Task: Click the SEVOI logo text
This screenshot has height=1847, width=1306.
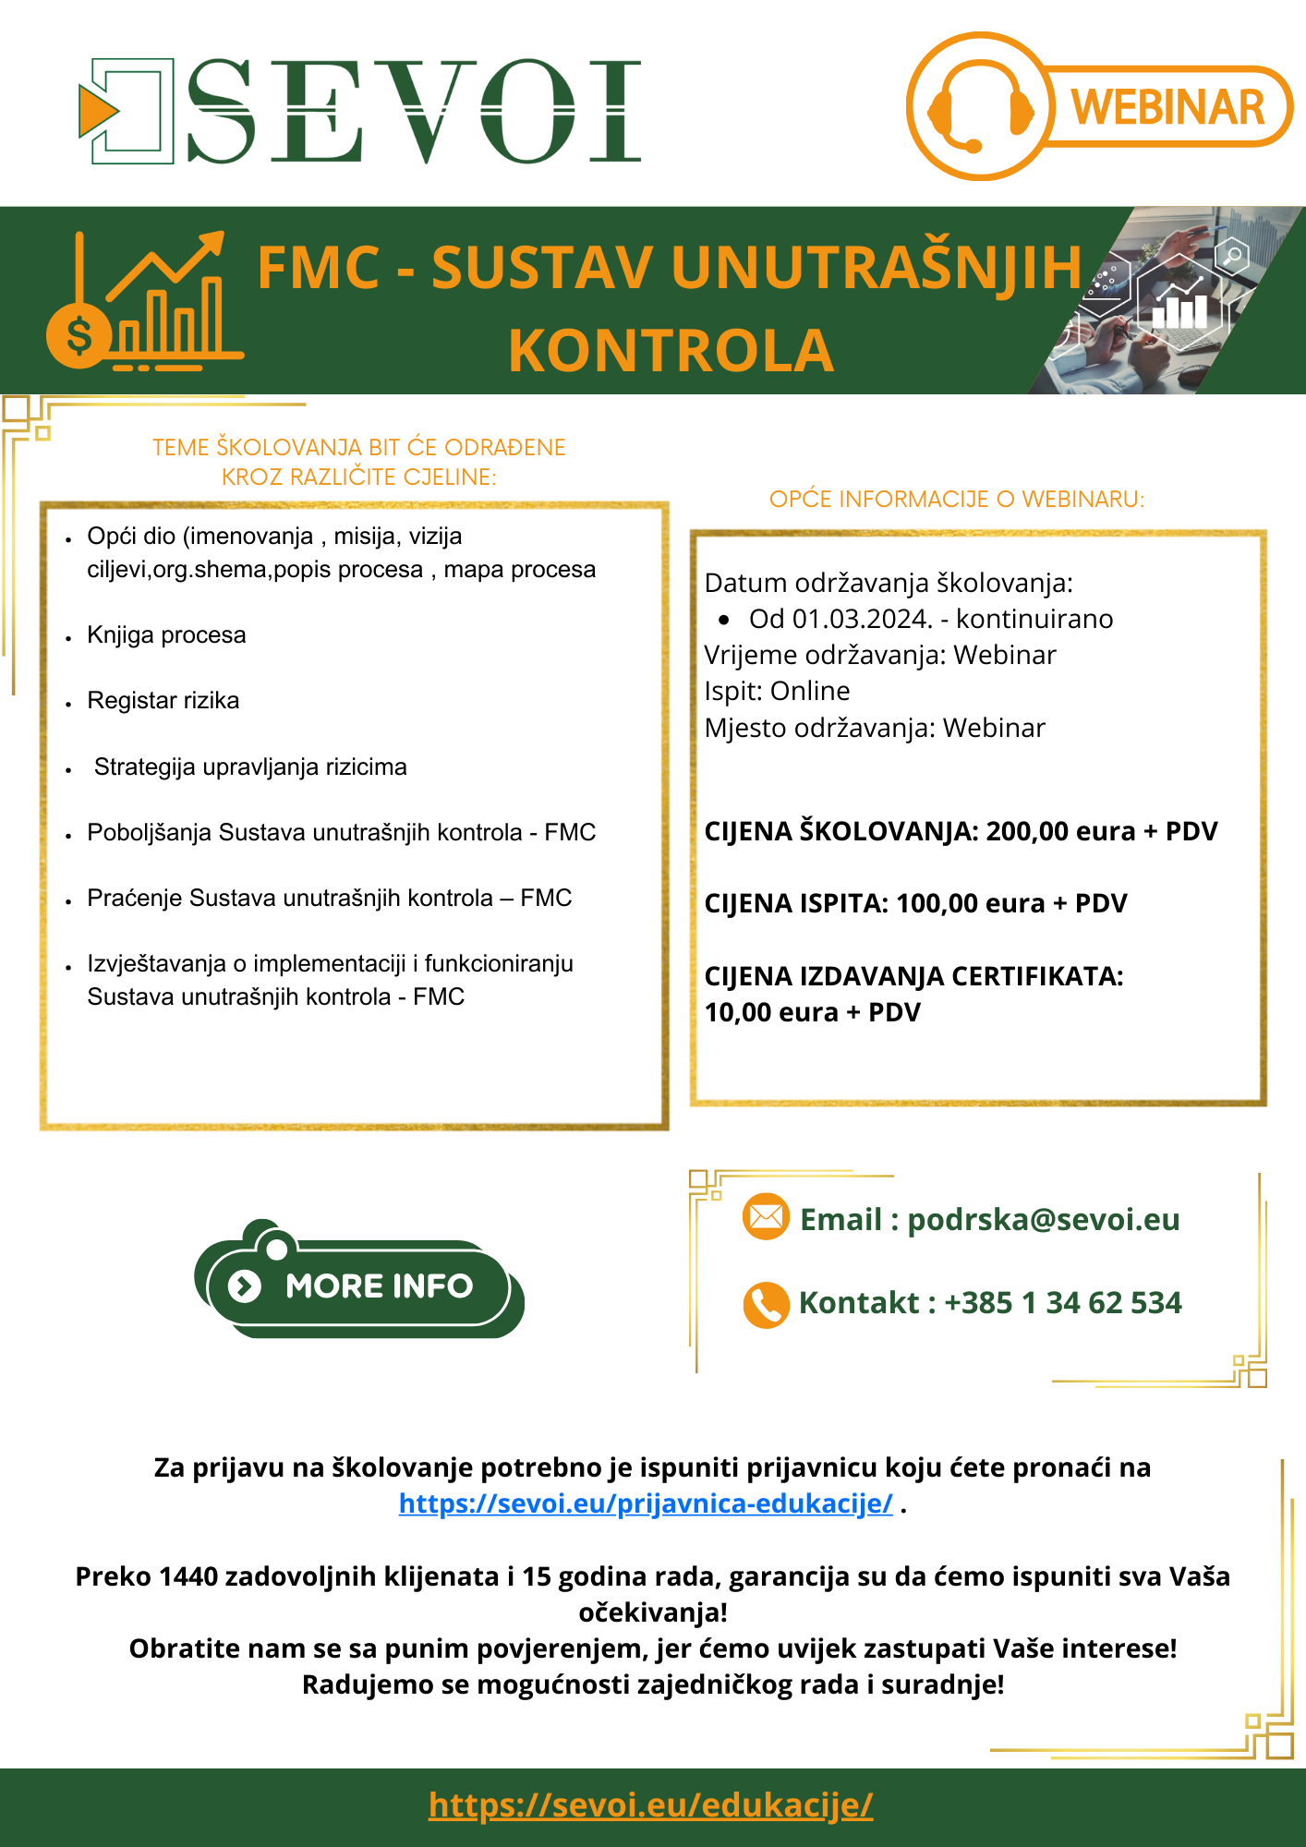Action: point(414,111)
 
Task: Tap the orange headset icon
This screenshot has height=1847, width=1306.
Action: point(980,107)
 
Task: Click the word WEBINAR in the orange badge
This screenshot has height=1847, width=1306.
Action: point(1167,107)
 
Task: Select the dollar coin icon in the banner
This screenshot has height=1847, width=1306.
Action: point(79,335)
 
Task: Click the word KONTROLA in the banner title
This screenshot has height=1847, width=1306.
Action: point(671,351)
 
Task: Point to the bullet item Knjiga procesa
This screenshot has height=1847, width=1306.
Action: point(166,635)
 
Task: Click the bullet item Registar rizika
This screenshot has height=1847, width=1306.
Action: point(163,701)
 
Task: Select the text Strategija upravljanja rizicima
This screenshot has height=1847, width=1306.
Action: point(250,767)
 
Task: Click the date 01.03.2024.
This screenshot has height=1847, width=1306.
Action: point(862,619)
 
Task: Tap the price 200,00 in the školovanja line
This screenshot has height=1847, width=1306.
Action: point(1027,831)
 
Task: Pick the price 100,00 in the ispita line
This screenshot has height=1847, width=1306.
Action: point(937,903)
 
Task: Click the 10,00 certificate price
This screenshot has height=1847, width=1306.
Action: point(737,1012)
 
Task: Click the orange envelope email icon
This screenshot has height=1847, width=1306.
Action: point(766,1217)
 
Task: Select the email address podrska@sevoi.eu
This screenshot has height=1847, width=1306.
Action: point(1044,1219)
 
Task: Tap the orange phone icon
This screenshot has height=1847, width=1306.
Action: point(766,1304)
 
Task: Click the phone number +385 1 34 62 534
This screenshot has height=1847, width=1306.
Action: point(1062,1303)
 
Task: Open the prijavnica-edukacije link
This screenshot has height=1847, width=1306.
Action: point(646,1503)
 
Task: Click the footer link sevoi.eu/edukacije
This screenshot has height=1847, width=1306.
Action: point(651,1805)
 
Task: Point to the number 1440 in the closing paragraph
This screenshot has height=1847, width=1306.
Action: point(188,1576)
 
